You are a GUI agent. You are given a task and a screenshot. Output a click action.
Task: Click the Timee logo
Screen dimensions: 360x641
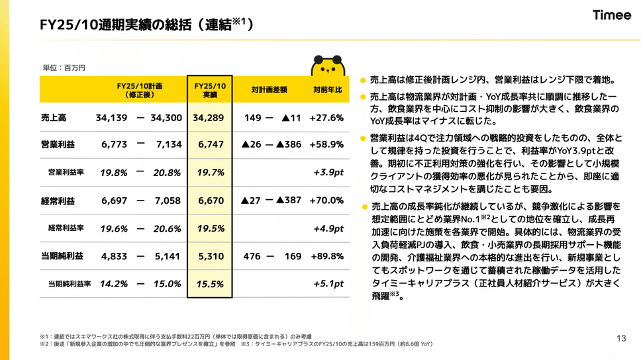pyautogui.click(x=611, y=15)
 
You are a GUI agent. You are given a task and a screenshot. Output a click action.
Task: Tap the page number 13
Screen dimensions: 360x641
pyautogui.click(x=620, y=337)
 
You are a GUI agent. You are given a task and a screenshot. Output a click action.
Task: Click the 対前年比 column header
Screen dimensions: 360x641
pyautogui.click(x=327, y=91)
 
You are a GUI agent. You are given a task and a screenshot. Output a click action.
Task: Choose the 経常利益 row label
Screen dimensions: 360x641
pyautogui.click(x=57, y=200)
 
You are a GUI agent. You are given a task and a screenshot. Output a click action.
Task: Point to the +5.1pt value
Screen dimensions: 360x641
pyautogui.click(x=328, y=283)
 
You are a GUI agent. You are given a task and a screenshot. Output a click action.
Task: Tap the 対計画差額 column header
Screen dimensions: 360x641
pyautogui.click(x=270, y=91)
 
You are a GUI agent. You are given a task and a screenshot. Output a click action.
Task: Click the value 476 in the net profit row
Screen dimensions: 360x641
pyautogui.click(x=252, y=255)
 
